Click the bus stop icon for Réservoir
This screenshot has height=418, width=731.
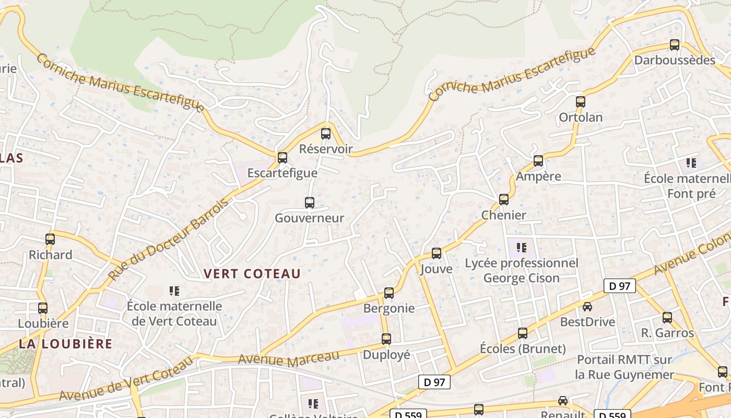[326, 134]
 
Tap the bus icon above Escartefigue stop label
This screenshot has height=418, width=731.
[282, 157]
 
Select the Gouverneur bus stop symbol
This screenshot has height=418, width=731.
[310, 203]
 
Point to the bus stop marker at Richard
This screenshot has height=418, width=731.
[50, 239]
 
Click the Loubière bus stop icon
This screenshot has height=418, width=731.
[43, 308]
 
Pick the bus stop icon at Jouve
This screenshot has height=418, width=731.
[437, 253]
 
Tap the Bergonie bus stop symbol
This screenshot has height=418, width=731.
[389, 293]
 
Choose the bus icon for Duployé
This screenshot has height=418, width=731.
[386, 339]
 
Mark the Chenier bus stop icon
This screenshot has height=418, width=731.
[504, 200]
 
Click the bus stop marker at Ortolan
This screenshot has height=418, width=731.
[581, 102]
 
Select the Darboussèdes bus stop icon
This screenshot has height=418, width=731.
[675, 45]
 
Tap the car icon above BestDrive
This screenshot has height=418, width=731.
[587, 307]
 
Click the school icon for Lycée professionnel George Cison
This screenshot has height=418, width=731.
[521, 247]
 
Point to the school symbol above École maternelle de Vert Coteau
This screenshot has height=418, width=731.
[174, 291]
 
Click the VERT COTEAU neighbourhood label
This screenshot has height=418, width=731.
[252, 274]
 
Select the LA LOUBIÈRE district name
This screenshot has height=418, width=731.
[66, 344]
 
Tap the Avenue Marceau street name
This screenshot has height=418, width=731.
[289, 359]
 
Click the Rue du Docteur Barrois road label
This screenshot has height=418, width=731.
[168, 239]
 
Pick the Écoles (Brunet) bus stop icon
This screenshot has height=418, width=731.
[523, 333]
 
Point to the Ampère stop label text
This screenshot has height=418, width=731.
[538, 176]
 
